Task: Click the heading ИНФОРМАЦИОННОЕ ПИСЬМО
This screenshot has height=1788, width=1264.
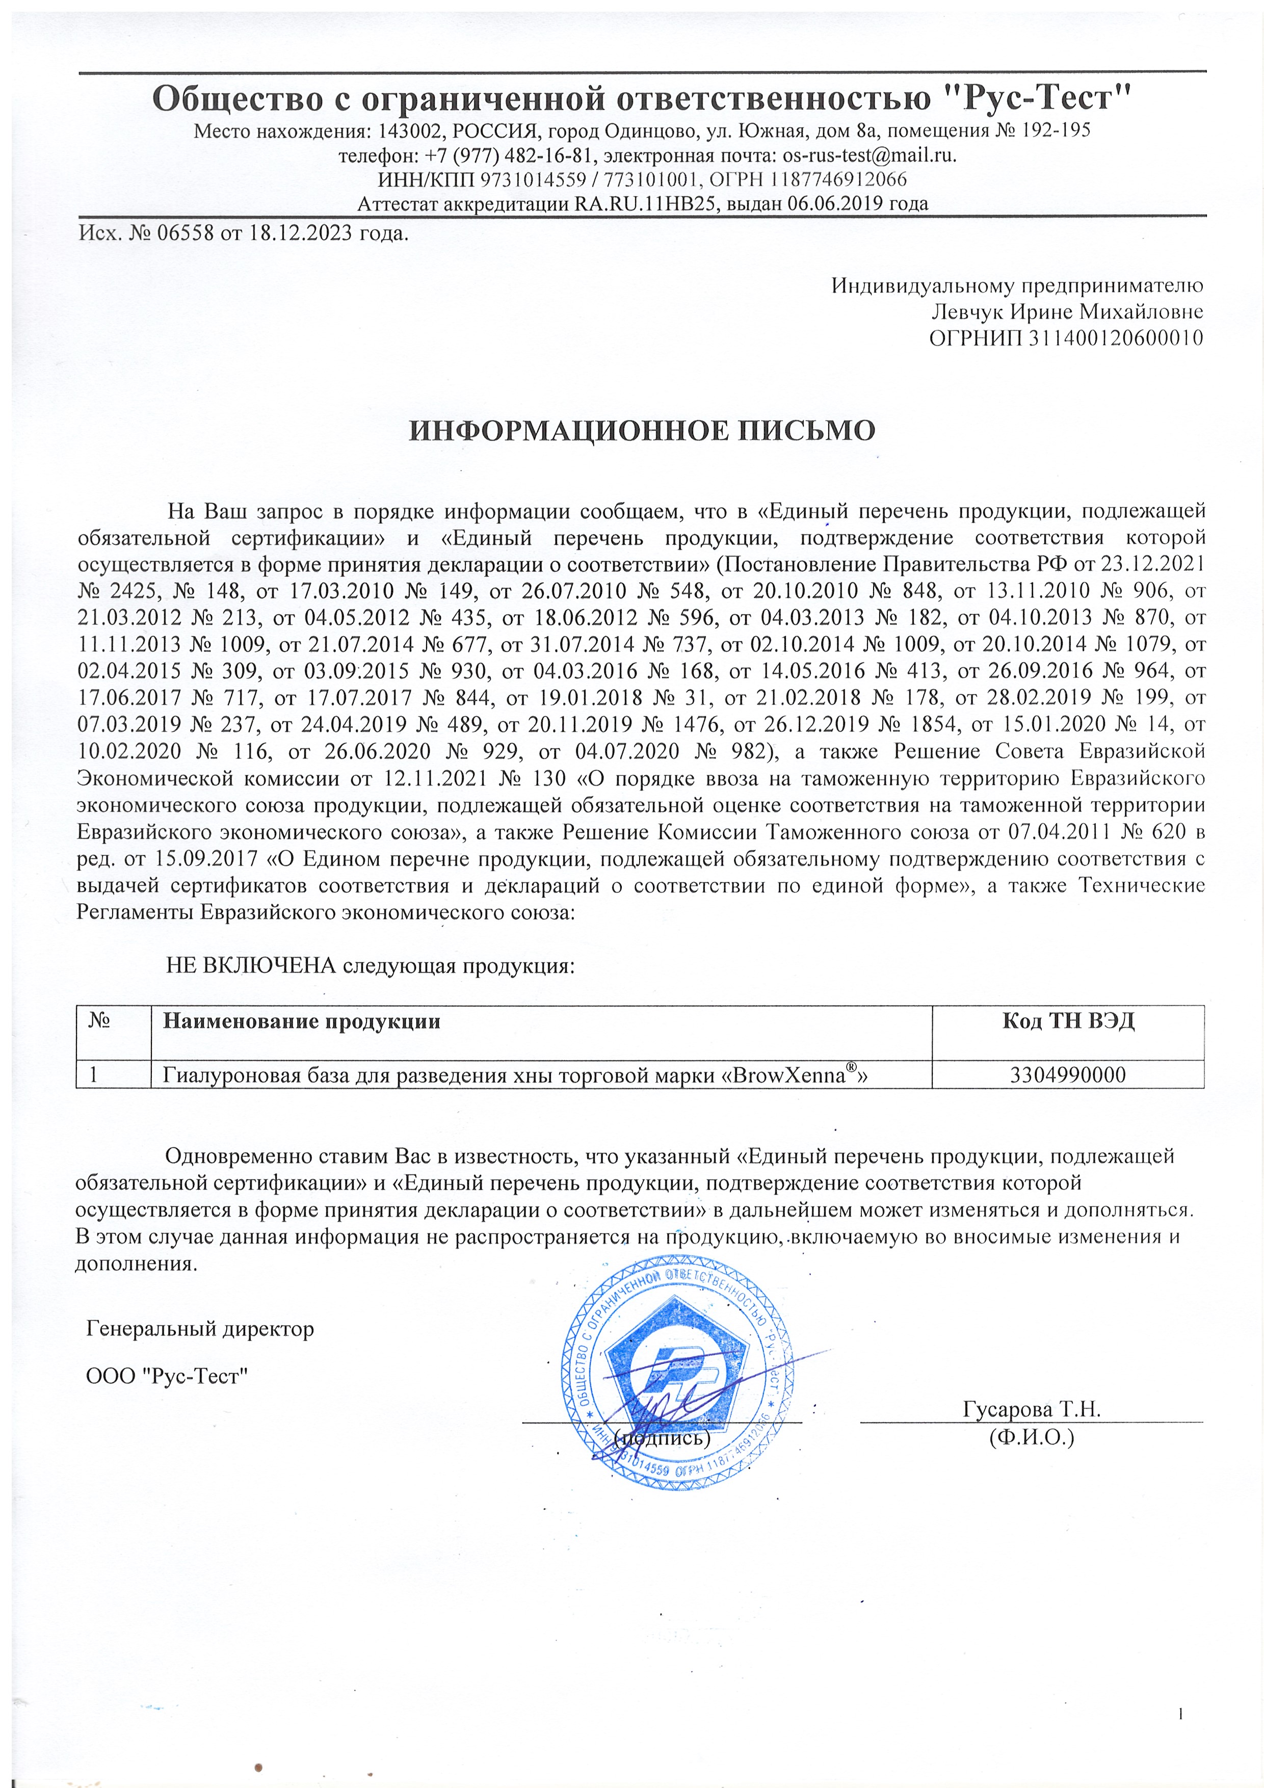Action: tap(643, 430)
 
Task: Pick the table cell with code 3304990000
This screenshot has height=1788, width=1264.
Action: tap(1068, 1075)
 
